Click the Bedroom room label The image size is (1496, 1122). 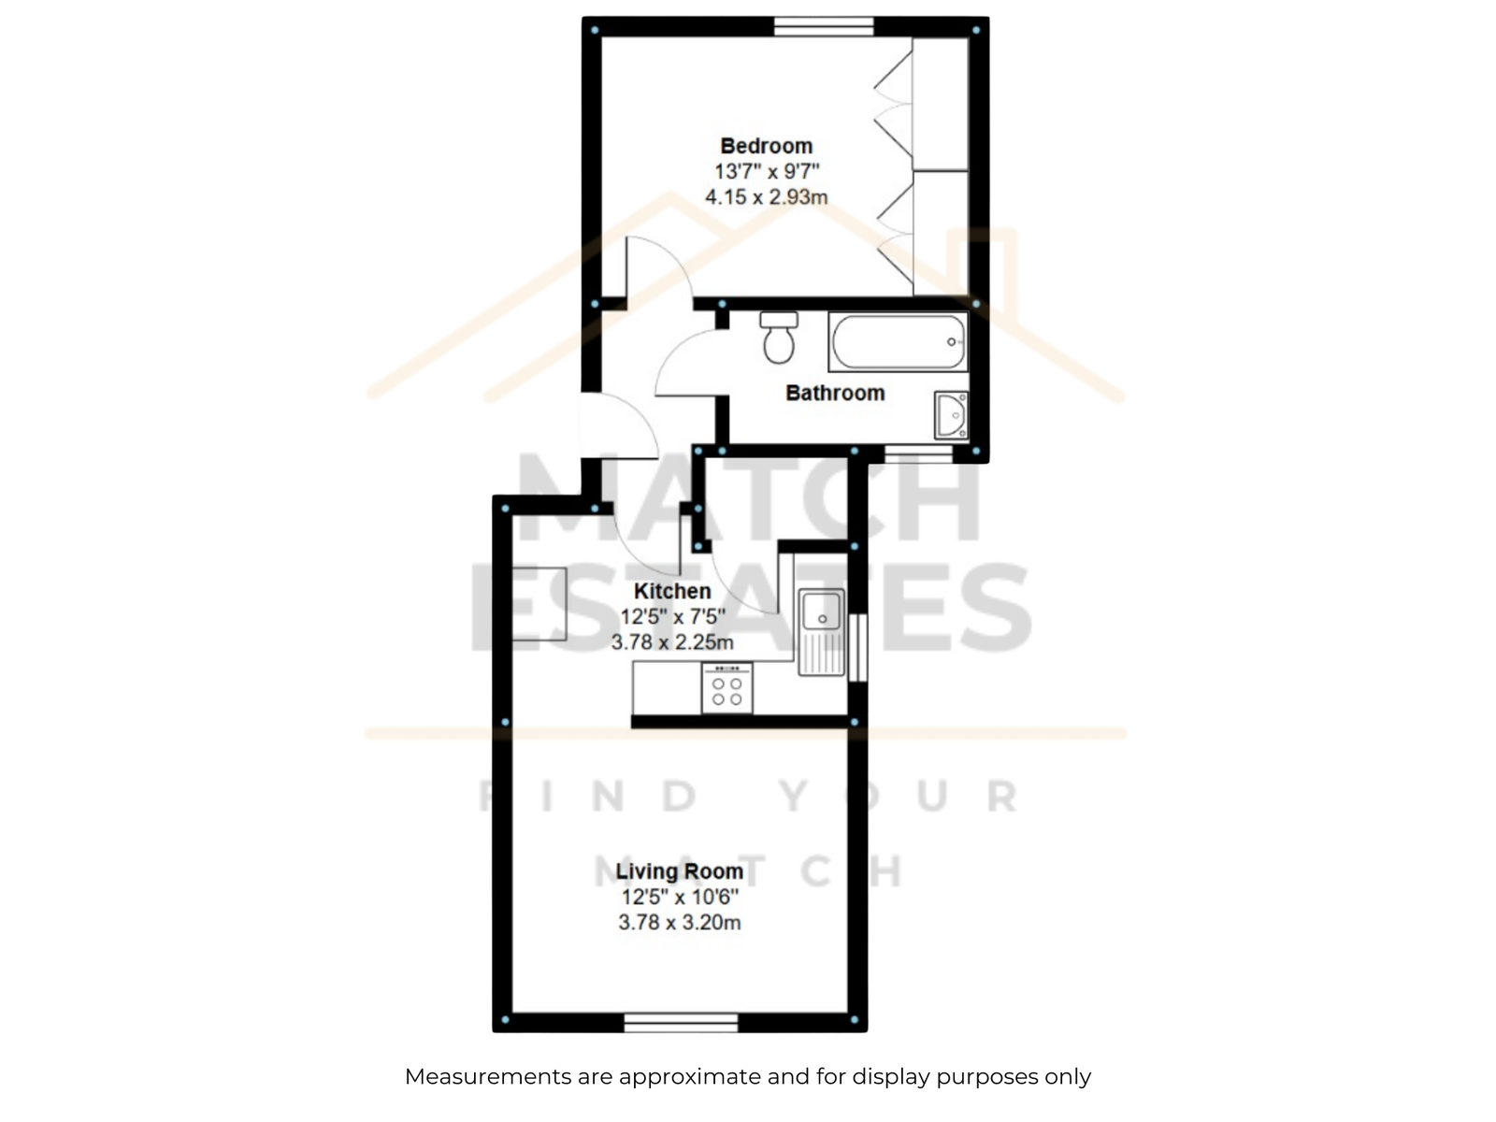pyautogui.click(x=766, y=146)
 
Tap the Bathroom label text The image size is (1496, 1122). pyautogui.click(x=835, y=393)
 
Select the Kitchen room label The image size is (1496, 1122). pyautogui.click(x=672, y=591)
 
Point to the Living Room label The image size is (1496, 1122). pyautogui.click(x=679, y=871)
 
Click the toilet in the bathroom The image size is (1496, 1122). pyautogui.click(x=778, y=338)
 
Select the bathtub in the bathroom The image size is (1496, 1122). pyautogui.click(x=898, y=341)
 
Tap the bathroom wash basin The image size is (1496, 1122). pyautogui.click(x=951, y=415)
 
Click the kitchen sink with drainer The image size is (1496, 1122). pyautogui.click(x=821, y=631)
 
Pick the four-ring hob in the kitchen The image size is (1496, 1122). pyautogui.click(x=726, y=688)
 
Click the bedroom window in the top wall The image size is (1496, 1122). pyautogui.click(x=824, y=26)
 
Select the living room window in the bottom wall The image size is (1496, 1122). pyautogui.click(x=681, y=1023)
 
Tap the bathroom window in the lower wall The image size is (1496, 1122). pyautogui.click(x=918, y=454)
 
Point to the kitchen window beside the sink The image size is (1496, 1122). pyautogui.click(x=857, y=647)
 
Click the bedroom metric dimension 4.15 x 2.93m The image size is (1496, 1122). pyautogui.click(x=766, y=197)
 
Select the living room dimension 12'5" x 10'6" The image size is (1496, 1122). pyautogui.click(x=679, y=898)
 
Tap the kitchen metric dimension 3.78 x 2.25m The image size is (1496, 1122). pyautogui.click(x=672, y=641)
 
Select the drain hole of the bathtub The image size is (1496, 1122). pyautogui.click(x=952, y=342)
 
